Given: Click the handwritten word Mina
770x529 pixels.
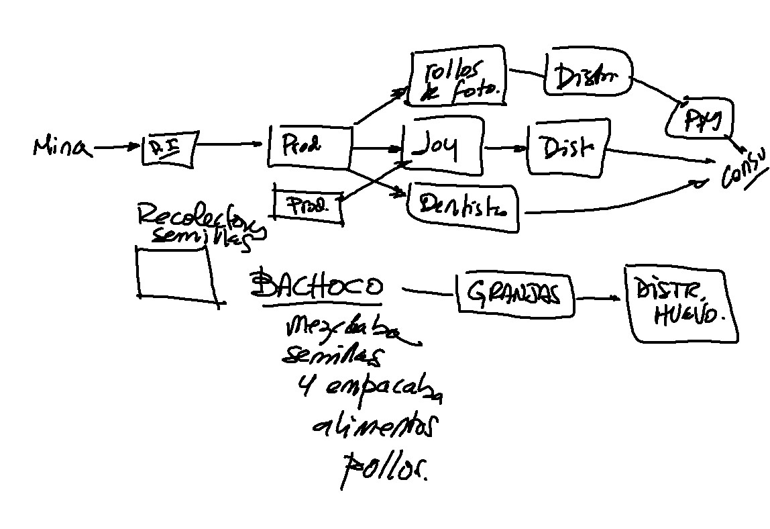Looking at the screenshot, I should pyautogui.click(x=62, y=147).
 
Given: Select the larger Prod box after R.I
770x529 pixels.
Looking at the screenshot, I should pyautogui.click(x=309, y=146).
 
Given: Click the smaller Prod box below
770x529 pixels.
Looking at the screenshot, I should pyautogui.click(x=308, y=206).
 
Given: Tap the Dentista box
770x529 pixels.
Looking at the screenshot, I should pyautogui.click(x=463, y=207).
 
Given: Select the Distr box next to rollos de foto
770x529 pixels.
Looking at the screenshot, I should pyautogui.click(x=590, y=73).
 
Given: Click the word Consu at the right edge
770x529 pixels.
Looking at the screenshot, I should pyautogui.click(x=742, y=170).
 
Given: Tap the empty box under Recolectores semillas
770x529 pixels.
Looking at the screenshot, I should pyautogui.click(x=176, y=274).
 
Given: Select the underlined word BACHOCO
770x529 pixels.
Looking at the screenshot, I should pyautogui.click(x=317, y=288).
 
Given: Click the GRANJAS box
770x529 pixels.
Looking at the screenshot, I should pyautogui.click(x=515, y=293).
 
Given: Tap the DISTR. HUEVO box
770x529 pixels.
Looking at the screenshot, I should pyautogui.click(x=680, y=303).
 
